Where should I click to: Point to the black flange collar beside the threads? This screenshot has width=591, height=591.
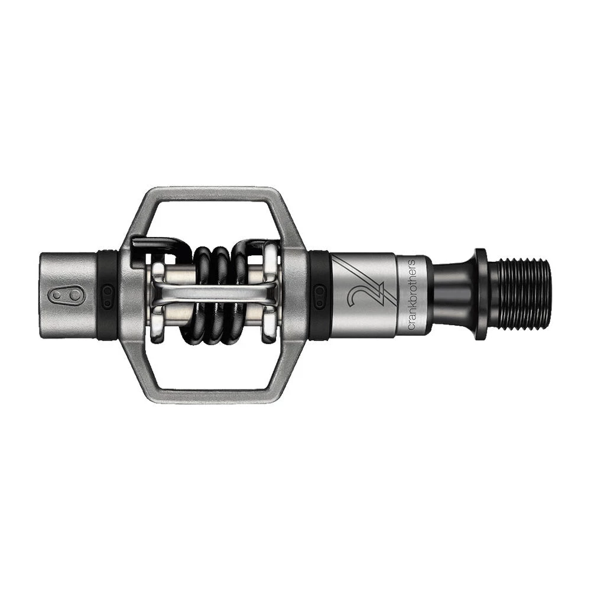point(480,294)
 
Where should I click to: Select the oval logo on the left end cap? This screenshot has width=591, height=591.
point(67,295)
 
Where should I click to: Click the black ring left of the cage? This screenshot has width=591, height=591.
point(108,294)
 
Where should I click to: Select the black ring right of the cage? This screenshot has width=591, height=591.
point(319,294)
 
